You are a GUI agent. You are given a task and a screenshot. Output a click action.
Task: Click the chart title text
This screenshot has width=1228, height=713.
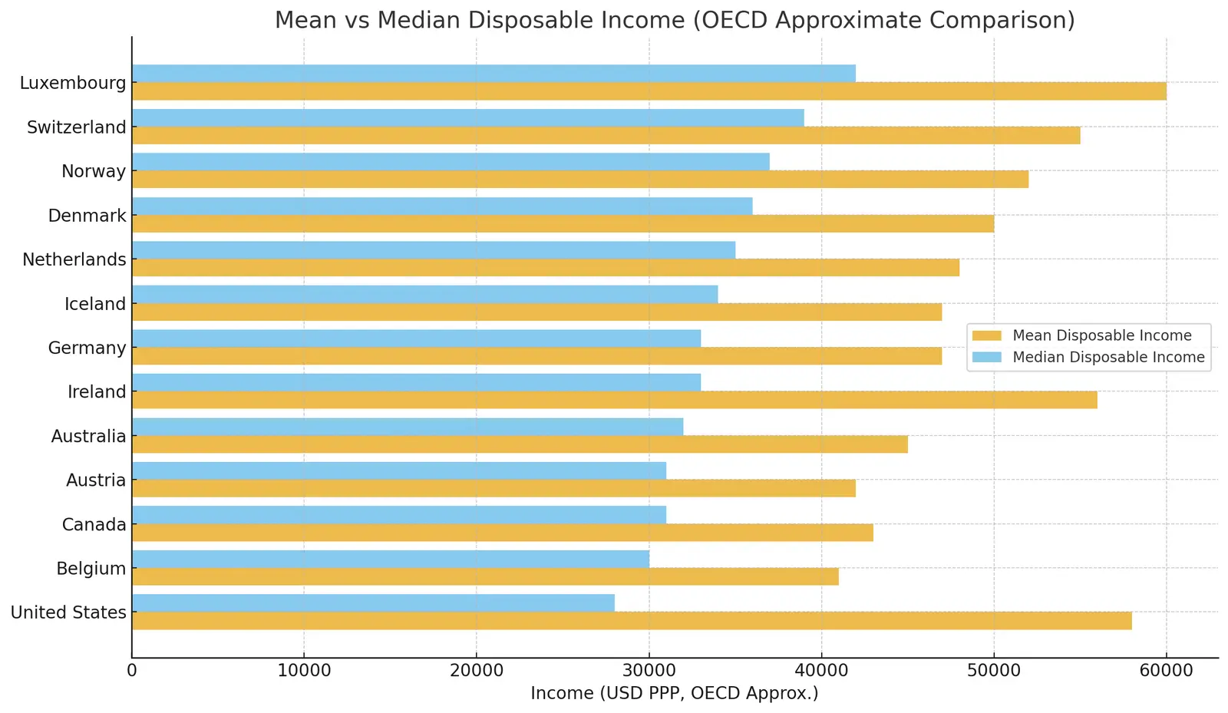675,20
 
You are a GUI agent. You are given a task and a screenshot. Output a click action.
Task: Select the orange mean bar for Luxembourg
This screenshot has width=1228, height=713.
649,91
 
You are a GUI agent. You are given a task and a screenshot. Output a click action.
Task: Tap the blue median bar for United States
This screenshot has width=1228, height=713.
373,603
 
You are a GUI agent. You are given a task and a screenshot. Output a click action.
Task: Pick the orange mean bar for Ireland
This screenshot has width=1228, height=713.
614,400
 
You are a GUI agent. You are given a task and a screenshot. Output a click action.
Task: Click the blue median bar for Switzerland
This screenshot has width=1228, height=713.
468,117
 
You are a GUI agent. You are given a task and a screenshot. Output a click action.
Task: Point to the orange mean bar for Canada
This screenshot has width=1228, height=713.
502,533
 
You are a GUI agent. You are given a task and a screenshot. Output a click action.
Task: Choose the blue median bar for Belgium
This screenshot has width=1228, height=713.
390,559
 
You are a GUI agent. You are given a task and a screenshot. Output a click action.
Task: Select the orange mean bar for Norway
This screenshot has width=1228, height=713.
579,180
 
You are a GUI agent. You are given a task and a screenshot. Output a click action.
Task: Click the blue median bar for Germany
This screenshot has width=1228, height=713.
416,338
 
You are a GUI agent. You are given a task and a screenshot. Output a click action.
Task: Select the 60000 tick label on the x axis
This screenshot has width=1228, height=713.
1166,671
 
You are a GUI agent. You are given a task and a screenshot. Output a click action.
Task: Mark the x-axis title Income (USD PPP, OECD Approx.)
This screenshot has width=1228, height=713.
675,694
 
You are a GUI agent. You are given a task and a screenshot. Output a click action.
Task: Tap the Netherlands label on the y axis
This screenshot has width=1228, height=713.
74,259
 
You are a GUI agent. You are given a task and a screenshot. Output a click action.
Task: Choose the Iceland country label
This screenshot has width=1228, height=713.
95,304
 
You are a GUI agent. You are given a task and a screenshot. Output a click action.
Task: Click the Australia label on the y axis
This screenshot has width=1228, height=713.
88,436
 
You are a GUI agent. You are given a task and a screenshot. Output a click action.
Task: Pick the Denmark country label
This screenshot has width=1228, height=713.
87,216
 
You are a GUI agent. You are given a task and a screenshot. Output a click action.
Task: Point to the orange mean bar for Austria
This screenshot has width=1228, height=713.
494,488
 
